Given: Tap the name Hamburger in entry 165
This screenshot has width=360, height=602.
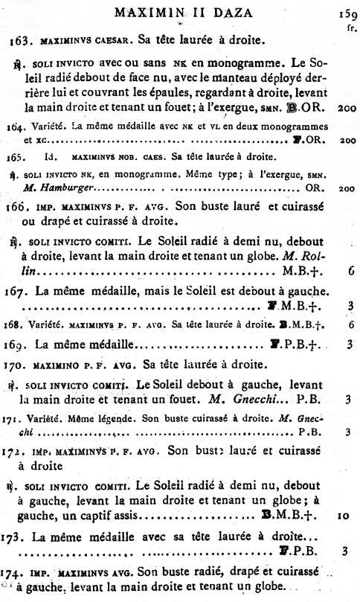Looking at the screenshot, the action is (63, 188).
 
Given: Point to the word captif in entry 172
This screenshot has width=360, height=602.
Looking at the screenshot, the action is (80, 515).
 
